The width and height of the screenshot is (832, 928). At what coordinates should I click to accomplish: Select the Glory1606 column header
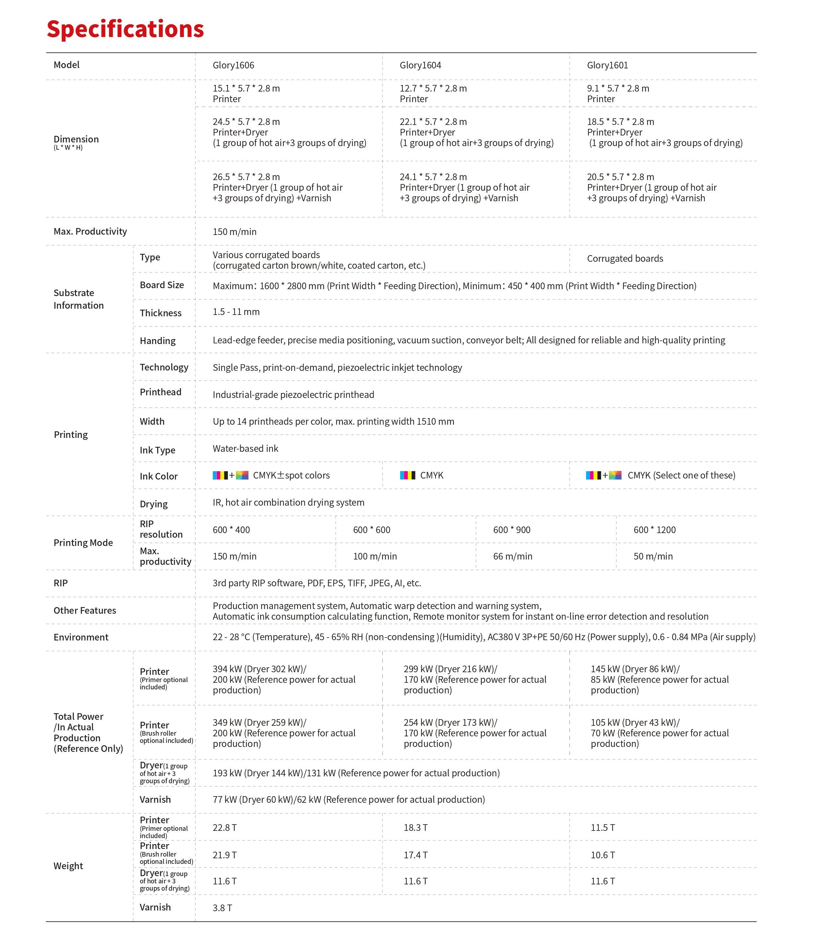pyautogui.click(x=233, y=65)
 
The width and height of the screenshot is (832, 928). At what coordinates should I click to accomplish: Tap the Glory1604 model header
pyautogui.click(x=420, y=65)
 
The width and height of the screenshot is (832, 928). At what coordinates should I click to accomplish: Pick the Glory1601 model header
pyautogui.click(x=607, y=65)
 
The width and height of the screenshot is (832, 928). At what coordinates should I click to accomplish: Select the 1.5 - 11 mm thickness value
pyautogui.click(x=236, y=312)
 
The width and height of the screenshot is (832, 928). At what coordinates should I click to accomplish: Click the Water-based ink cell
pyautogui.click(x=245, y=448)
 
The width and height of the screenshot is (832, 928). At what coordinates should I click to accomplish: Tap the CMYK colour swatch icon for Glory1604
pyautogui.click(x=407, y=476)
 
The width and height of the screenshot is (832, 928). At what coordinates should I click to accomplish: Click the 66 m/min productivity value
pyautogui.click(x=512, y=556)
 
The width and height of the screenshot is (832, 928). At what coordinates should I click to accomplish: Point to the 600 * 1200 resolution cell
pyautogui.click(x=654, y=530)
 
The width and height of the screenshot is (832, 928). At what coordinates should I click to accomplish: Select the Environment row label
pyautogui.click(x=81, y=637)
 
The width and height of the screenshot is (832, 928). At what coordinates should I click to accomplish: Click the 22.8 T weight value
pyautogui.click(x=224, y=828)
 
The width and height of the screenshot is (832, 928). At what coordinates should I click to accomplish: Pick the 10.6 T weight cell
pyautogui.click(x=602, y=855)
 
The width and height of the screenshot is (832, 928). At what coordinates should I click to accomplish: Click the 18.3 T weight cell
pyautogui.click(x=415, y=828)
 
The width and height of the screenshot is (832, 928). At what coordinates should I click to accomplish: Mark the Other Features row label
pyautogui.click(x=85, y=611)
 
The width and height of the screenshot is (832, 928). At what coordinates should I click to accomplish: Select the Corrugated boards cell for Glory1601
pyautogui.click(x=624, y=259)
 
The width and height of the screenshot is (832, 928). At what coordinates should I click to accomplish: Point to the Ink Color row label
pyautogui.click(x=159, y=476)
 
